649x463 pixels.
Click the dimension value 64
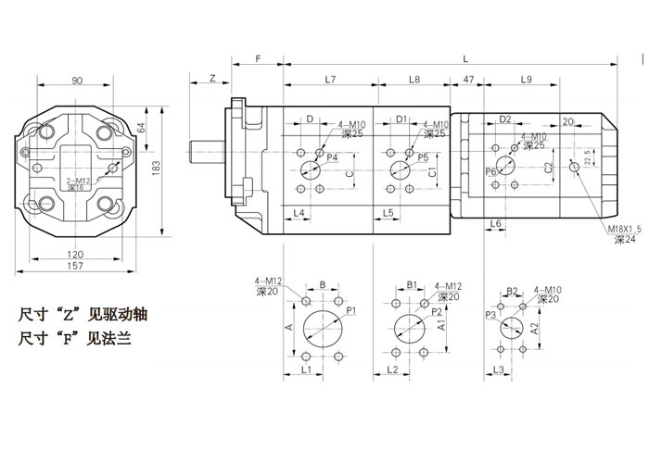click(142, 128)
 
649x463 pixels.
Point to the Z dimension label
click(212, 80)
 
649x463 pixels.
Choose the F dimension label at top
click(258, 58)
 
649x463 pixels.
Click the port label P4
click(331, 158)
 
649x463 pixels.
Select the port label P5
click(422, 158)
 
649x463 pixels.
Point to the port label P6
click(490, 171)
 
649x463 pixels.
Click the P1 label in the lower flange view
click(352, 312)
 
